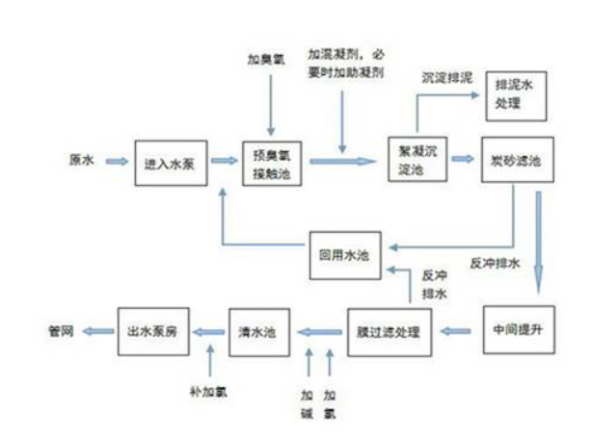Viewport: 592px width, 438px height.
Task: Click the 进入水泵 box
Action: pos(171,161)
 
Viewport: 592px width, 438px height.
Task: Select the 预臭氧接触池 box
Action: pos(271,161)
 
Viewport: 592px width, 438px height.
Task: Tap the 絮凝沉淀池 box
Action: pos(417,161)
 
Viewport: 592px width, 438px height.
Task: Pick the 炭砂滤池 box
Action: pos(517,161)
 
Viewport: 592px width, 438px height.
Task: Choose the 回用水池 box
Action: pos(344,255)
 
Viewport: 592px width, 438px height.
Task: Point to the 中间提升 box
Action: pos(517,329)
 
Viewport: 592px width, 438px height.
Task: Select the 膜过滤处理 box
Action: pos(390,330)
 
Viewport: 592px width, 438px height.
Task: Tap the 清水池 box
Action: pos(257,330)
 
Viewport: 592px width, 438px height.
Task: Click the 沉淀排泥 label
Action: pos(446,75)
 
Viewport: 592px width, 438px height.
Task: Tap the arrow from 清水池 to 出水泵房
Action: pos(205,330)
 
